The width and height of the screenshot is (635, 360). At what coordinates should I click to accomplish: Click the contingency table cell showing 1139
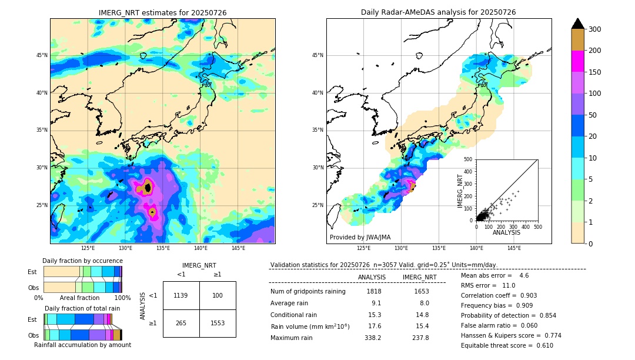[x=181, y=295]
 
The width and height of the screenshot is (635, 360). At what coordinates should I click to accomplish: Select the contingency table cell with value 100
[x=218, y=295]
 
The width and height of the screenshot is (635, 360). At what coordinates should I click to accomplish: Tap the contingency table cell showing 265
[x=181, y=323]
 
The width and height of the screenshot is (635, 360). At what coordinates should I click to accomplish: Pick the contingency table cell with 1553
[x=218, y=323]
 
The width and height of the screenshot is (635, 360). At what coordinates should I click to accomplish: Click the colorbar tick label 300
[x=596, y=29]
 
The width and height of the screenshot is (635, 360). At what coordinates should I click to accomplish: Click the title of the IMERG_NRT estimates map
[x=162, y=12]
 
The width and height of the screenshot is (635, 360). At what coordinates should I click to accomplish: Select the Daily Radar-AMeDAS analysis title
[x=438, y=12]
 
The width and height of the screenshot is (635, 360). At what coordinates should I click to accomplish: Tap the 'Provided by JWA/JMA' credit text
[x=360, y=237]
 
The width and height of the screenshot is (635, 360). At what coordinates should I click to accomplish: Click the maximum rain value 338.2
[x=372, y=338]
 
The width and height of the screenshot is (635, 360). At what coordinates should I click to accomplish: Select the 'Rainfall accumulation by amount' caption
[x=82, y=345]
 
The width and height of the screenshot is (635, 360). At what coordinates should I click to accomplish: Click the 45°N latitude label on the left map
[x=42, y=55]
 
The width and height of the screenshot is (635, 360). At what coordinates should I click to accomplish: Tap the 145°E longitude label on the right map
[x=514, y=249]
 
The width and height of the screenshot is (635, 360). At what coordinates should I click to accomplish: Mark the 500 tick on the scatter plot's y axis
[x=468, y=159]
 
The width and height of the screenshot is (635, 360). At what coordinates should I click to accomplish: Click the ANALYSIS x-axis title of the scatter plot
[x=506, y=232]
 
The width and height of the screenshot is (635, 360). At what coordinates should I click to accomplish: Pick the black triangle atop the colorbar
[x=578, y=23]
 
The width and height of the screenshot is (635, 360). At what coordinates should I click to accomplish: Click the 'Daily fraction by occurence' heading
[x=81, y=261]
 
